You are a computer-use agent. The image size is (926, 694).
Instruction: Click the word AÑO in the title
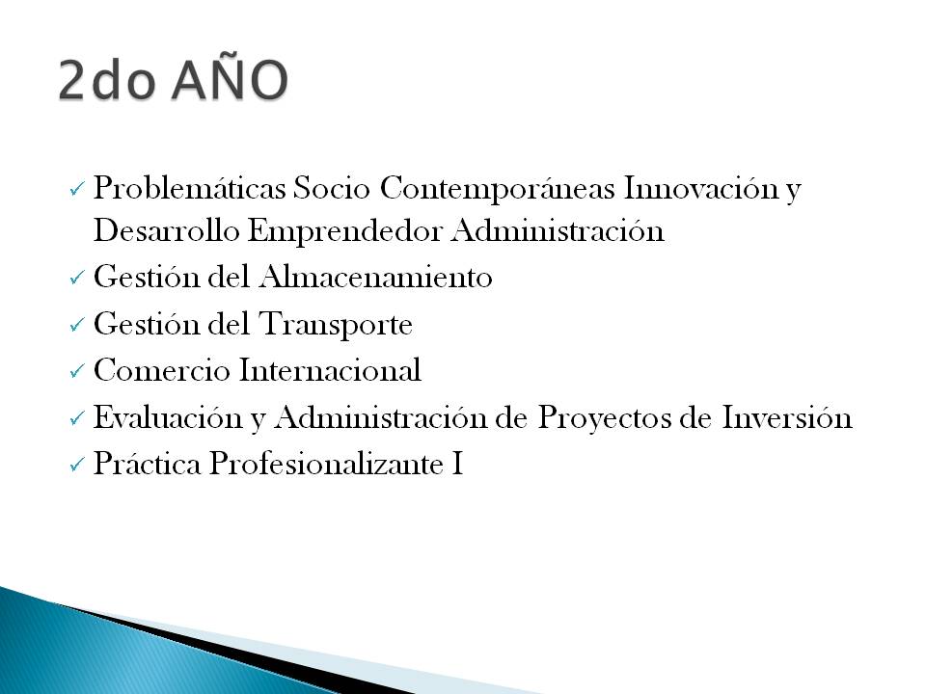(231, 80)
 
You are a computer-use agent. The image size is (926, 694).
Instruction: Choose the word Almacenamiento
(375, 278)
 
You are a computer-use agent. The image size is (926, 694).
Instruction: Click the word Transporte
(335, 325)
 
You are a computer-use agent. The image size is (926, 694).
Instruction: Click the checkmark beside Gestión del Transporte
(77, 327)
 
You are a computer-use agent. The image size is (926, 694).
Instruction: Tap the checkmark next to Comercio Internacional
(77, 372)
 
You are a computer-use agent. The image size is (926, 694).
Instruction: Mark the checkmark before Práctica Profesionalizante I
(77, 466)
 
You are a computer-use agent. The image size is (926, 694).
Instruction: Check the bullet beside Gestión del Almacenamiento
(77, 280)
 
